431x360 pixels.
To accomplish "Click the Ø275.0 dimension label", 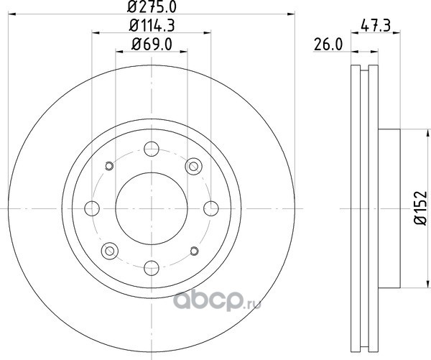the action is click(152, 6).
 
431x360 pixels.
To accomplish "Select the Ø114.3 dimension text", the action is click(152, 26).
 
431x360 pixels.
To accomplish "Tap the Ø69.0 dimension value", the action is click(152, 45).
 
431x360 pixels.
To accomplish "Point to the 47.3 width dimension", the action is click(376, 26).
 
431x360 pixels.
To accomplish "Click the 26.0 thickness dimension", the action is click(328, 45).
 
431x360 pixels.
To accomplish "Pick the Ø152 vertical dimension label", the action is click(421, 208).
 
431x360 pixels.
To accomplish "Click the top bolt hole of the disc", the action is click(152, 149).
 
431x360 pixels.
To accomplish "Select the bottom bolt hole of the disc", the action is click(152, 268).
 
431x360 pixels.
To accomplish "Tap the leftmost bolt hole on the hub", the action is click(92, 208).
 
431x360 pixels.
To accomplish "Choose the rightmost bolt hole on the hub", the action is click(211, 208).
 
